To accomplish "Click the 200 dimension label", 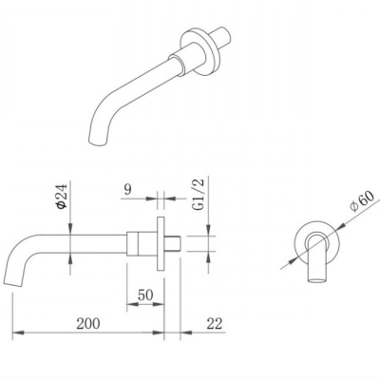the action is [x=88, y=323].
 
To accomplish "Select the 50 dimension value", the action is [x=145, y=295].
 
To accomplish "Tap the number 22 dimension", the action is [x=215, y=323].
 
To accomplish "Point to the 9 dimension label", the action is [x=127, y=190].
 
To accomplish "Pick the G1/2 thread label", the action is [x=199, y=195].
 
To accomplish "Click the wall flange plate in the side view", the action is [x=161, y=244].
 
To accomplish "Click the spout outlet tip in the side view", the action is [x=13, y=283].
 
